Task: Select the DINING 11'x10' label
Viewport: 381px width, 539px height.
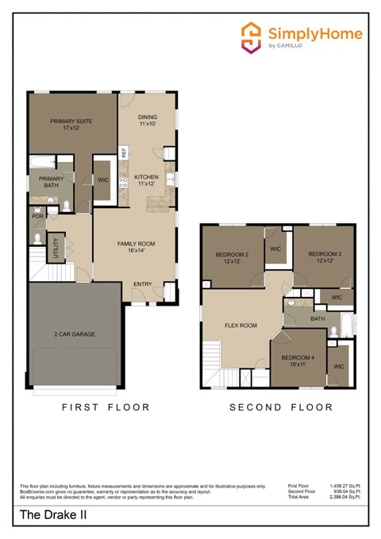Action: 148,120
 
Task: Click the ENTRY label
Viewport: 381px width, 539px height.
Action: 143,284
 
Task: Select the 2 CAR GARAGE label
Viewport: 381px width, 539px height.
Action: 75,334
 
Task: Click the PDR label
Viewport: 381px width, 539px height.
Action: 37,216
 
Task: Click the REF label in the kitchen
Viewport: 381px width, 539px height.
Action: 124,151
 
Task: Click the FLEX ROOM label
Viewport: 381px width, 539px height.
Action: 241,325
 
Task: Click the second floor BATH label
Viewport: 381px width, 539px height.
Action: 317,319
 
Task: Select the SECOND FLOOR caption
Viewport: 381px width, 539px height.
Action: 281,408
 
